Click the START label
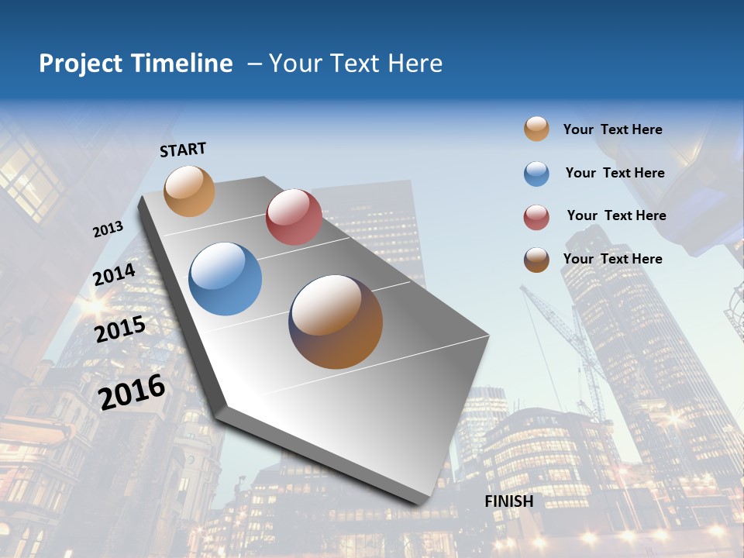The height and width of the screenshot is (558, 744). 183,150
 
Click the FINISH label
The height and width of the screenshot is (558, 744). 509,501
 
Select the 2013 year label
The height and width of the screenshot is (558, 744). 108,229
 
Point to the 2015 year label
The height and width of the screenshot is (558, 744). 120,329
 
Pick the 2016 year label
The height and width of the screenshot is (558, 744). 132,391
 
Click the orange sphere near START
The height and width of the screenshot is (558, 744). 190,191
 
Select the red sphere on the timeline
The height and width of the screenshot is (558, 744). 294,216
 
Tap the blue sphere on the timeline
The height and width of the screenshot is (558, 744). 226,279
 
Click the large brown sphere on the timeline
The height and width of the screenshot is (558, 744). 336,322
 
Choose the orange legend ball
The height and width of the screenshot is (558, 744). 536,129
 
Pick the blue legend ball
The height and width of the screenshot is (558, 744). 536,174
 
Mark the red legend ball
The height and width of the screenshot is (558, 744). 536,217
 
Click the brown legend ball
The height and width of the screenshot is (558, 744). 536,260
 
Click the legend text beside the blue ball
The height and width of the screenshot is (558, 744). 615,173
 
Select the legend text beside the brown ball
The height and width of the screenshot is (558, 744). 612,259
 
